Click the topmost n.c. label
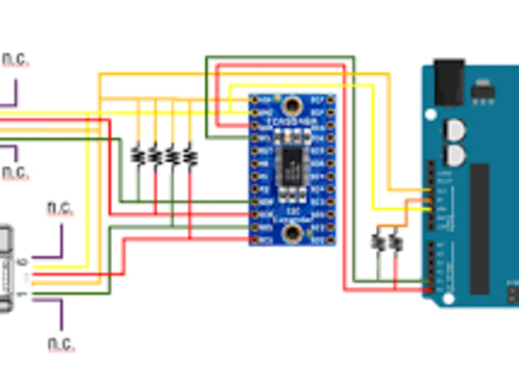15,60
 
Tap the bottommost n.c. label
61,343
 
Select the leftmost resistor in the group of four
138,155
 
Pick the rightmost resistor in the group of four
190,155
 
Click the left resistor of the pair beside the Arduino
378,242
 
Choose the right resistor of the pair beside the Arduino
395,242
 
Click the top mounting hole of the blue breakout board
292,106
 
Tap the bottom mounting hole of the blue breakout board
292,233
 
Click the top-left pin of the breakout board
255,99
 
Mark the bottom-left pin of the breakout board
255,240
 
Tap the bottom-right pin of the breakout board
330,240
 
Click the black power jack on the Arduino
449,82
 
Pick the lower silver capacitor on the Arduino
455,155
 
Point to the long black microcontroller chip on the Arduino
479,229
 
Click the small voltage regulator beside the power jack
483,92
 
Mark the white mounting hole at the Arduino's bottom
448,299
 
